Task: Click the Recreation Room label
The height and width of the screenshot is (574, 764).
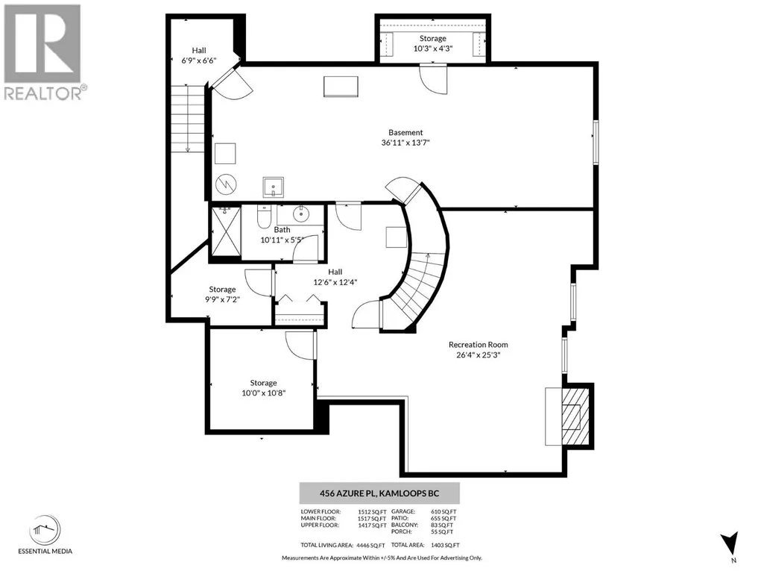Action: pyautogui.click(x=478, y=345)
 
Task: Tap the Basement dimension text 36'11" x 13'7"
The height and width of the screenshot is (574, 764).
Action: pyautogui.click(x=405, y=143)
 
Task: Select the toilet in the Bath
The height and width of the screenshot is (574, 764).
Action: pyautogui.click(x=264, y=217)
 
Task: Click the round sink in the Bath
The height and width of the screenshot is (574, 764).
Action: pyautogui.click(x=302, y=213)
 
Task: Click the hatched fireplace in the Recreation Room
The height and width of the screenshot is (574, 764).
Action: pyautogui.click(x=575, y=416)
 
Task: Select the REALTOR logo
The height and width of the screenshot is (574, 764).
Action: pyautogui.click(x=42, y=53)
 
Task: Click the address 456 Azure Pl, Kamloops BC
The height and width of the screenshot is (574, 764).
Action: pyautogui.click(x=379, y=493)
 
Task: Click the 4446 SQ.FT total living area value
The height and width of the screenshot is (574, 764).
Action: pyautogui.click(x=370, y=545)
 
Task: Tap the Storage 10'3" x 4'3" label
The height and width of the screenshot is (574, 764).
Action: pyautogui.click(x=432, y=43)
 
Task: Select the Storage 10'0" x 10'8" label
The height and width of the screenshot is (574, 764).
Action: pyautogui.click(x=264, y=388)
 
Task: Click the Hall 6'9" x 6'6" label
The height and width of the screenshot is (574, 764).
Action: pyautogui.click(x=199, y=55)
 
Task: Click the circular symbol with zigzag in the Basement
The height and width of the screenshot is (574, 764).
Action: pyautogui.click(x=226, y=184)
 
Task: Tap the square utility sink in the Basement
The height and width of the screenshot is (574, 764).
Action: pyautogui.click(x=274, y=187)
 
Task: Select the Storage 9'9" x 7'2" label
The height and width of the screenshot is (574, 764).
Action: pyautogui.click(x=222, y=294)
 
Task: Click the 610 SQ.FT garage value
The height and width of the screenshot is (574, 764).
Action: pyautogui.click(x=443, y=512)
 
